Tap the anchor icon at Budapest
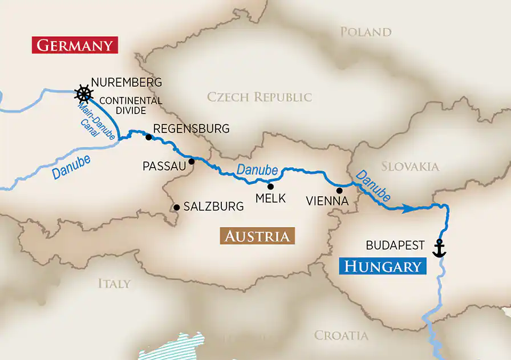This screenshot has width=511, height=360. click(x=439, y=248)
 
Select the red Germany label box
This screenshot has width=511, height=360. click(x=75, y=45)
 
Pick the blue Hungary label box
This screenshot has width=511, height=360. click(x=383, y=266)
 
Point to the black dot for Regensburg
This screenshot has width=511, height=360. click(x=148, y=137)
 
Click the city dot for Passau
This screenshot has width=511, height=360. click(x=192, y=161)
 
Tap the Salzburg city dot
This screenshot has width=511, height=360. click(x=177, y=207)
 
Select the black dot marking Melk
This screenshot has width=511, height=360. click(x=270, y=186)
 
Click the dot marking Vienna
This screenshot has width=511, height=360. click(x=339, y=191)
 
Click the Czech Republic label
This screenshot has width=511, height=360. click(x=259, y=97)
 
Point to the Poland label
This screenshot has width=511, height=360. click(x=366, y=31)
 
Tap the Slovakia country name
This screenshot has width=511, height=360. click(x=410, y=167)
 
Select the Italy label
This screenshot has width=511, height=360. click(x=114, y=283)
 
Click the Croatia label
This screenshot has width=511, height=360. click(x=341, y=335)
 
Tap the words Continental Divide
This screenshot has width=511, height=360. click(x=131, y=105)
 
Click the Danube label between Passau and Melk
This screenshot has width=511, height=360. click(x=257, y=169)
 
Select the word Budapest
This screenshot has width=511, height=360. click(x=395, y=245)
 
